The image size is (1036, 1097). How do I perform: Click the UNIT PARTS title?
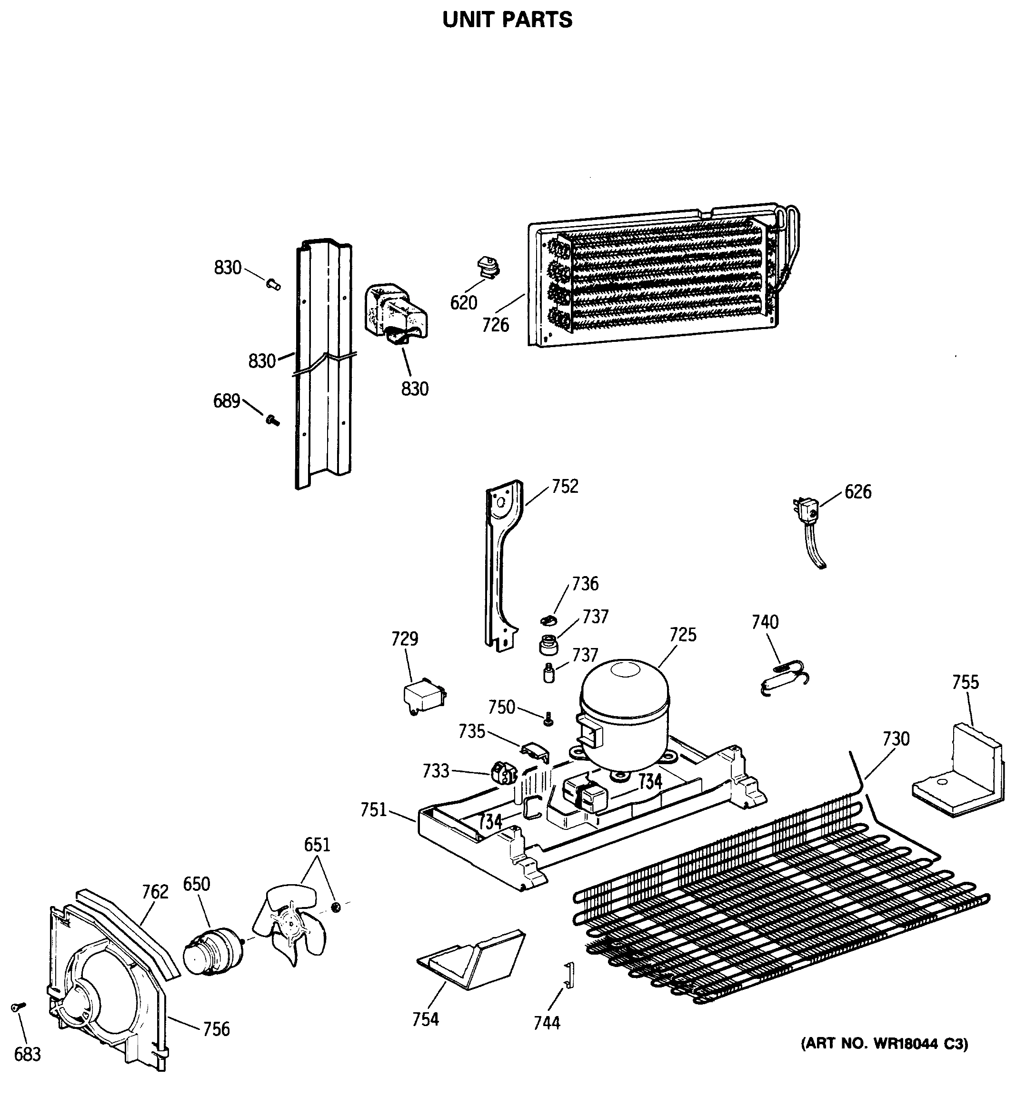[x=507, y=20]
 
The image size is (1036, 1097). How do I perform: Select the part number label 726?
[x=495, y=325]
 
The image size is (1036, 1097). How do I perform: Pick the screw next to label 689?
[x=272, y=420]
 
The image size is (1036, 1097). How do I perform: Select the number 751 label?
[x=373, y=810]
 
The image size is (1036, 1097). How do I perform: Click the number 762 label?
[x=155, y=891]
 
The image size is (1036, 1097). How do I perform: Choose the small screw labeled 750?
[x=548, y=719]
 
